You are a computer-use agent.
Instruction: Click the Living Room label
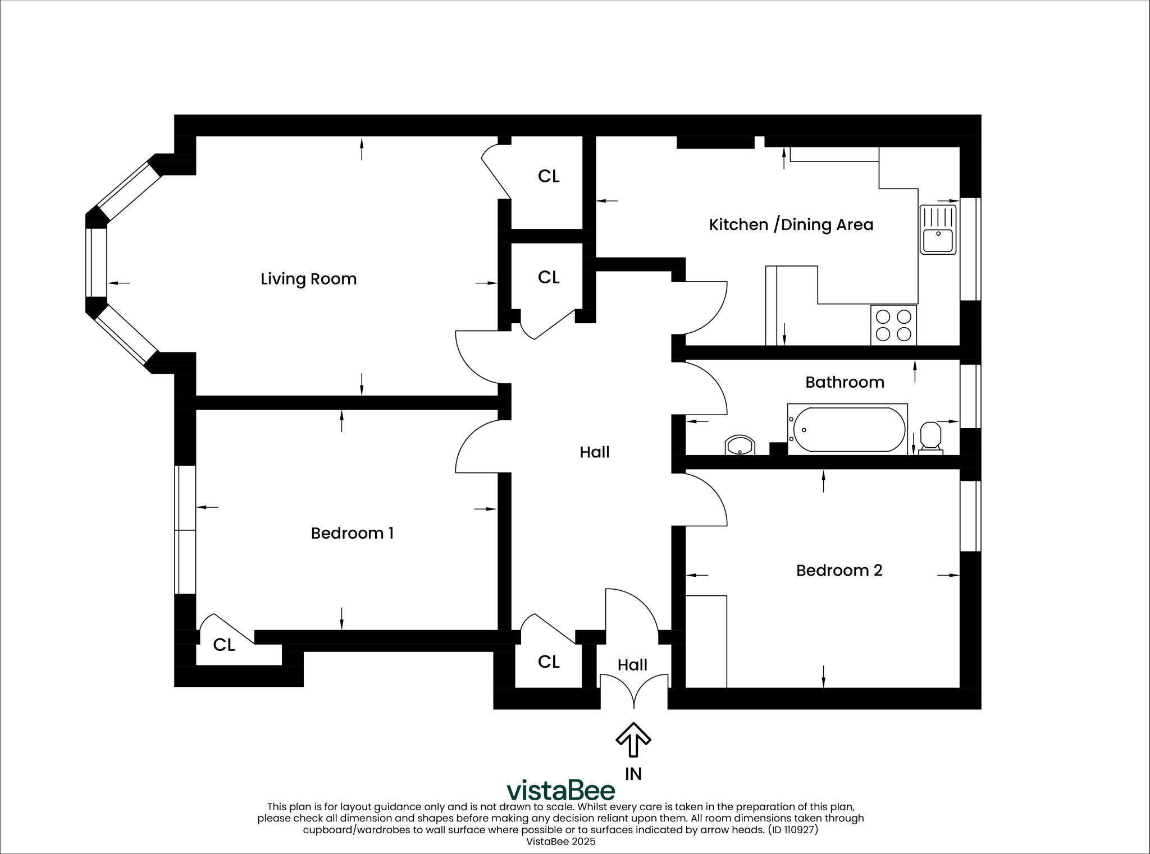coord(308,279)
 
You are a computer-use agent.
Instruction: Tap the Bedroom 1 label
coord(352,533)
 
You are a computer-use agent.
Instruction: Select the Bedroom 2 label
coord(839,571)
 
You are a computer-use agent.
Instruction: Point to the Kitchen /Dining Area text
coord(791,225)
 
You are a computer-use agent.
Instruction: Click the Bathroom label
coord(845,383)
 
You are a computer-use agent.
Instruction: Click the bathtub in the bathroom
coord(847,429)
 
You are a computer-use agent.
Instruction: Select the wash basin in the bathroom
coord(740,446)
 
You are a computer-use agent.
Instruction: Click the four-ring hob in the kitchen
coord(893,325)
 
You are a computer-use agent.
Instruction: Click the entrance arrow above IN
coord(633,740)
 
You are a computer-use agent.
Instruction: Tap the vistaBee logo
coord(560,791)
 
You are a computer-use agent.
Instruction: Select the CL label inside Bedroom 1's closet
coord(223,645)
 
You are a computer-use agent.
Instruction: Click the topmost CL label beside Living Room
coord(549,176)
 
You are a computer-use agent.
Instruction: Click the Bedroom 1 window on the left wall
coord(185,530)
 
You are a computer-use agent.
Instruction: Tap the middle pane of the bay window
coord(96,263)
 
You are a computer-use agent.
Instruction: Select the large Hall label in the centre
coord(594,452)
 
